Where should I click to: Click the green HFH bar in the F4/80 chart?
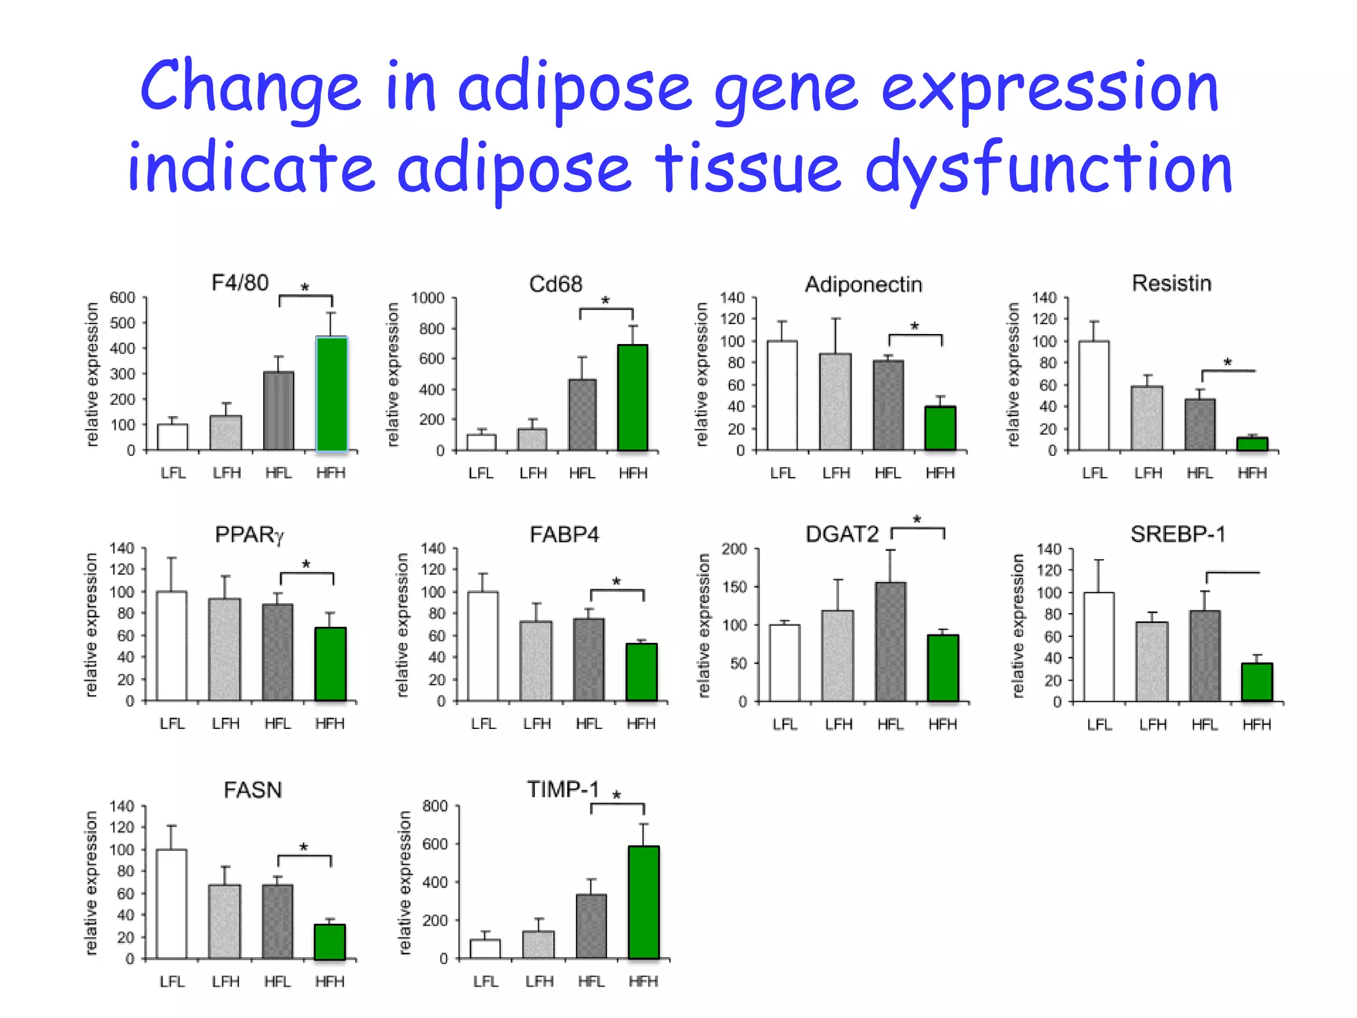pos(331,394)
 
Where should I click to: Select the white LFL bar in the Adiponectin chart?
pos(782,396)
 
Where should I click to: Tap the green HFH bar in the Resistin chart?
pos(1252,443)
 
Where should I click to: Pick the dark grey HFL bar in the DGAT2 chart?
pos(890,641)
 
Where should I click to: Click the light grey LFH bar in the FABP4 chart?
pos(535,661)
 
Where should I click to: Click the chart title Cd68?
pos(555,284)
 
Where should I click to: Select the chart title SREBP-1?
pos(1177,534)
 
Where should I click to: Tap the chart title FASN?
pos(252,790)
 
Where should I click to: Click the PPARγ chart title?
pos(249,535)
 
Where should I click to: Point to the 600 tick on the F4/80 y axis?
pos(122,298)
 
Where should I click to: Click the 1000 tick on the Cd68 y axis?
pos(427,298)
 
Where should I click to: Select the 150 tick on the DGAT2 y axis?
pos(733,587)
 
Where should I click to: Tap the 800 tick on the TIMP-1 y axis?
pos(435,807)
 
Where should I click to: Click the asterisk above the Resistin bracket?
pos(1227,363)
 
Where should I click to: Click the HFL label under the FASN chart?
pos(277,982)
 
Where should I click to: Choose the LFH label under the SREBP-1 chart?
pos(1152,725)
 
